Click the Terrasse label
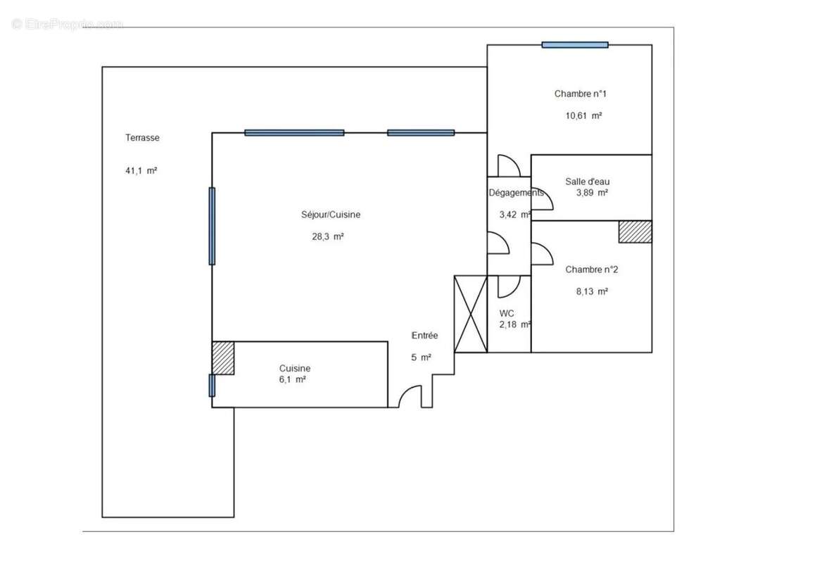(x=142, y=138)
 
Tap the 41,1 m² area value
(x=141, y=170)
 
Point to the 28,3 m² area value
(x=328, y=237)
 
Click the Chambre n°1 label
(x=580, y=94)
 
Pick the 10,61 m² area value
(x=583, y=116)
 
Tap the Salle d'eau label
(x=588, y=182)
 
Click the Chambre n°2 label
(x=591, y=269)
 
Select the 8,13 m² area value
(x=593, y=291)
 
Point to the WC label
(x=507, y=313)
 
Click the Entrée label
(x=425, y=336)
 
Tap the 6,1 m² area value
(x=292, y=379)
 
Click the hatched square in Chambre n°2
(x=635, y=232)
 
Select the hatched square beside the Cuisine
(x=223, y=358)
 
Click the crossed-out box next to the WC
(x=471, y=314)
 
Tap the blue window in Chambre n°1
(x=575, y=45)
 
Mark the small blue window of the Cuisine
(x=212, y=386)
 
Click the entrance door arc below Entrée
(x=410, y=397)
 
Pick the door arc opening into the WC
(x=509, y=285)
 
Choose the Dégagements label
(x=516, y=193)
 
